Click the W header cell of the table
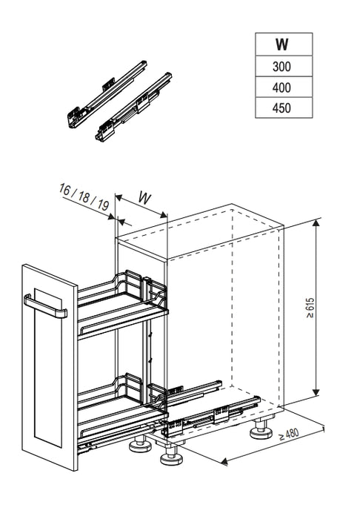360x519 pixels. coord(284,44)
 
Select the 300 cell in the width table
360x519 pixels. coord(284,66)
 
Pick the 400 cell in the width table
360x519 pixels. coord(284,87)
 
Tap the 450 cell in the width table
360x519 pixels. coord(284,108)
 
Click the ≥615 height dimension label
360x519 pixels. coord(310,308)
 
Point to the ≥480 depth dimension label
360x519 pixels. coord(289,434)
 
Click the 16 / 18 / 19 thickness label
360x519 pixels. coord(84,197)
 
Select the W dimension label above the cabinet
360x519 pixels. coord(144,198)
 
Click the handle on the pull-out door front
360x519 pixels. coord(45,307)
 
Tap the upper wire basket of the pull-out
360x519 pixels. coord(123,305)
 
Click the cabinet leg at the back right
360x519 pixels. coord(261,429)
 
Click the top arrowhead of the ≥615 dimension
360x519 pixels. coord(316,222)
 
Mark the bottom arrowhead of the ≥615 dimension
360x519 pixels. coord(316,392)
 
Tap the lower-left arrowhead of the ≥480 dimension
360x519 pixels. coord(224,461)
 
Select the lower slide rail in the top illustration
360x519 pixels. coord(133,107)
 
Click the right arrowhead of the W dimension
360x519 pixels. coord(163,215)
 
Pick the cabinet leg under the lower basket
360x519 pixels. coord(140,444)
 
